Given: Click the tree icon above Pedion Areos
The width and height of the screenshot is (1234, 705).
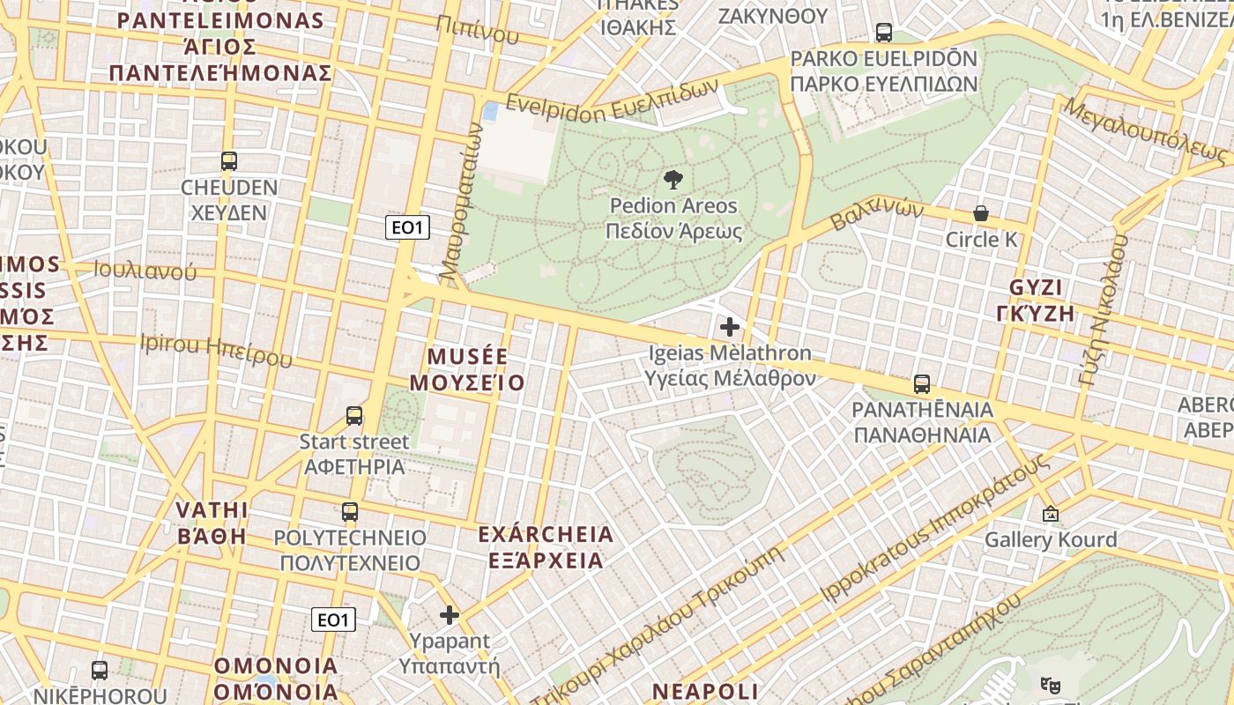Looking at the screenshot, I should (673, 180).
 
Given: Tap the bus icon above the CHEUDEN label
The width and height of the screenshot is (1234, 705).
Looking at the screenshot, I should (229, 161).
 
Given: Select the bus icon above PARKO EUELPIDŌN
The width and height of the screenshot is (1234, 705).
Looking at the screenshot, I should (883, 33).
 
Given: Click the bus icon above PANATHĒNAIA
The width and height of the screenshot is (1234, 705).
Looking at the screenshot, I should (922, 384).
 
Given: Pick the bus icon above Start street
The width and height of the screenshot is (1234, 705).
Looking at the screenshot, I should (354, 416).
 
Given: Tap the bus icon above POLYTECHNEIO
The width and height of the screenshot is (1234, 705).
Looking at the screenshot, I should (350, 512).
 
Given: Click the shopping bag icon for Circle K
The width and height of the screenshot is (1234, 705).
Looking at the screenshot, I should (980, 213).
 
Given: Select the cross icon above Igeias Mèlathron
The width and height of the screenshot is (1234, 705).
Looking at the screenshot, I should (730, 328).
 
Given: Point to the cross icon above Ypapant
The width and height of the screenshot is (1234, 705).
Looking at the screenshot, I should (450, 615).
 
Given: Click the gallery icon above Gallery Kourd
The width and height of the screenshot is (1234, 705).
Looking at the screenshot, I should (1050, 513).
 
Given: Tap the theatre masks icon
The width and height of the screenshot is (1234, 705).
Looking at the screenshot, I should (1049, 684).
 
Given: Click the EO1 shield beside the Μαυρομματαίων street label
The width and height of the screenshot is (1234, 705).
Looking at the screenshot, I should (407, 227).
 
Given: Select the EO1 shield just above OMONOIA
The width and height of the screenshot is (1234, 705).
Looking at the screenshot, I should (333, 620).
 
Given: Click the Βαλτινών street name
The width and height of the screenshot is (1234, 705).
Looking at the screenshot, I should (877, 212).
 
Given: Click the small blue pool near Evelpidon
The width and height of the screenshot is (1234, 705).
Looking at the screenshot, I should (490, 112).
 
